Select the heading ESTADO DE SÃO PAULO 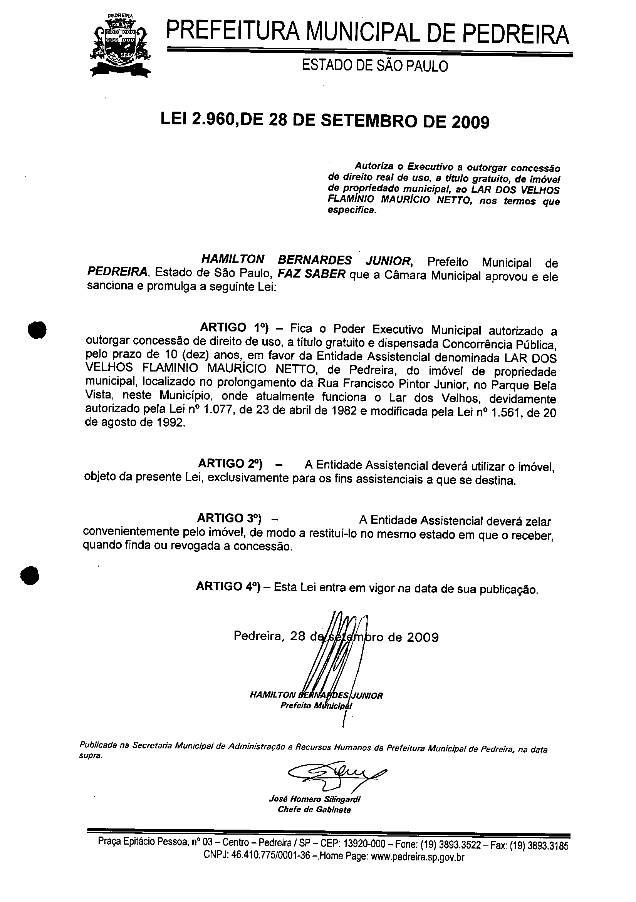click(x=374, y=66)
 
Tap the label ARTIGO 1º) click(x=234, y=328)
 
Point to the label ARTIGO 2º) click(x=230, y=464)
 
